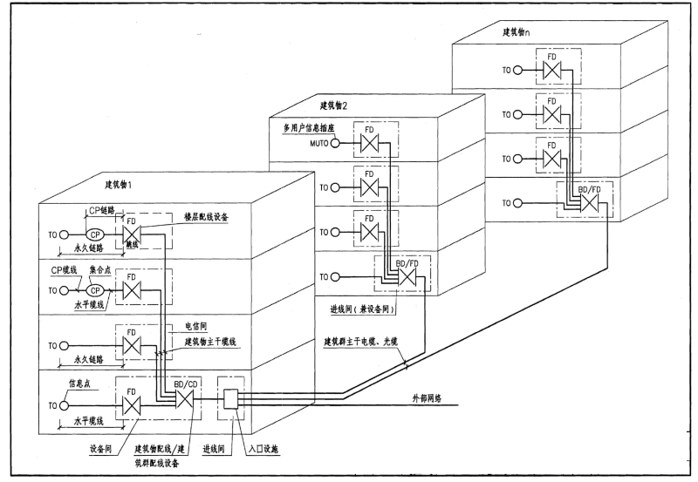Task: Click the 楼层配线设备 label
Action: (206, 215)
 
